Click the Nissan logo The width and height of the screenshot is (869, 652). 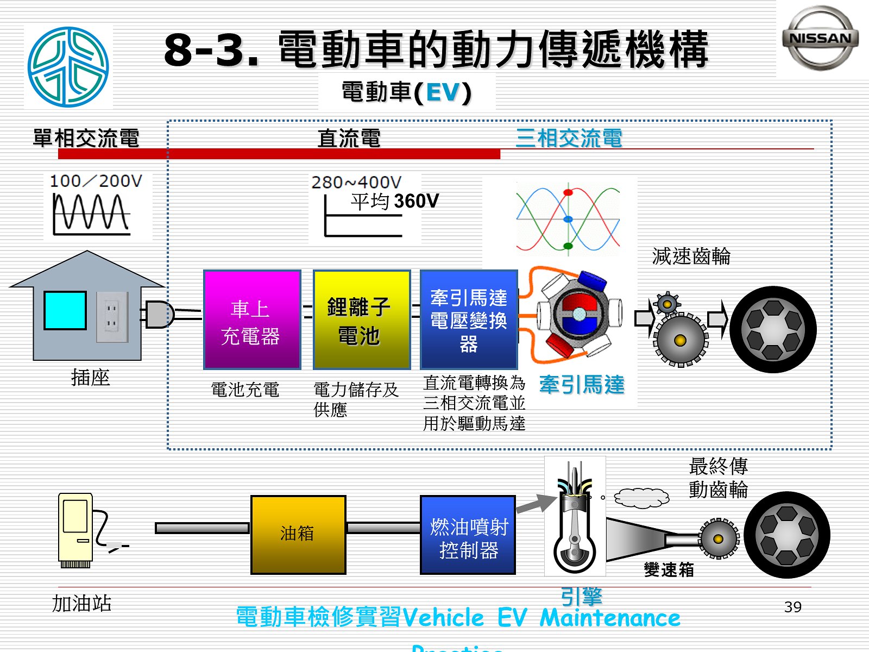pyautogui.click(x=820, y=38)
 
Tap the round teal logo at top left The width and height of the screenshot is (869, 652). pyautogui.click(x=68, y=67)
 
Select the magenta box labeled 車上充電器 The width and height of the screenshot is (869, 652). pyautogui.click(x=252, y=320)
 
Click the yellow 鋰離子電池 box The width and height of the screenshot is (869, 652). pyautogui.click(x=362, y=320)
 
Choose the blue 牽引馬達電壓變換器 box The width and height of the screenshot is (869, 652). pyautogui.click(x=469, y=320)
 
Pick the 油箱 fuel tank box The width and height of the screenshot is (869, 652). pyautogui.click(x=298, y=535)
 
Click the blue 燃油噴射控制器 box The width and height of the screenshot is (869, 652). pyautogui.click(x=468, y=535)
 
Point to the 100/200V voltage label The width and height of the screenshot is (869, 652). pyautogui.click(x=96, y=181)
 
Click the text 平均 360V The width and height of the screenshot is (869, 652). pyautogui.click(x=394, y=202)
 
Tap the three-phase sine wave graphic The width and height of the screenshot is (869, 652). pyautogui.click(x=568, y=219)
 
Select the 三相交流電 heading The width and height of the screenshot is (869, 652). pyautogui.click(x=569, y=138)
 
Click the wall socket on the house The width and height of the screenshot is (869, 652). pyautogui.click(x=112, y=317)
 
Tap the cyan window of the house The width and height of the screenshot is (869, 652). pyautogui.click(x=65, y=311)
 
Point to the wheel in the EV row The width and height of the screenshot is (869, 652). pyautogui.click(x=773, y=329)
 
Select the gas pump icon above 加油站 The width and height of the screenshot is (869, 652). pyautogui.click(x=76, y=530)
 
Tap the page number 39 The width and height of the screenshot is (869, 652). pyautogui.click(x=793, y=607)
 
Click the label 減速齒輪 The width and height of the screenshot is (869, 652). pyautogui.click(x=691, y=256)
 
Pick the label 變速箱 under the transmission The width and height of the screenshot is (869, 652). pyautogui.click(x=669, y=569)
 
